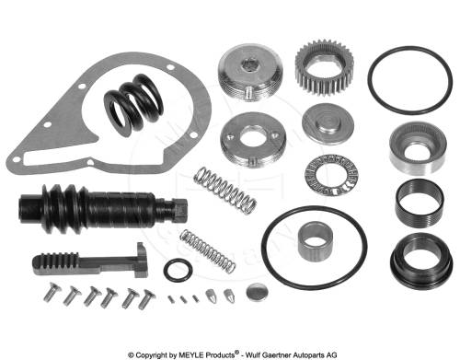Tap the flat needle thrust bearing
(332, 175)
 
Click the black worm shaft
(103, 208)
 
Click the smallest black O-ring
(178, 270)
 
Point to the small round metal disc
(257, 292)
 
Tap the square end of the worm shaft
(179, 210)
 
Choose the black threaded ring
(420, 203)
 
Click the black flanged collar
(421, 261)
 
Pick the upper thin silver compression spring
(225, 191)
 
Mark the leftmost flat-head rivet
(52, 292)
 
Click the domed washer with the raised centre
(328, 123)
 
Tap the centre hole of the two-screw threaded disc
(253, 136)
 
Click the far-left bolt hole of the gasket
(16, 159)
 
